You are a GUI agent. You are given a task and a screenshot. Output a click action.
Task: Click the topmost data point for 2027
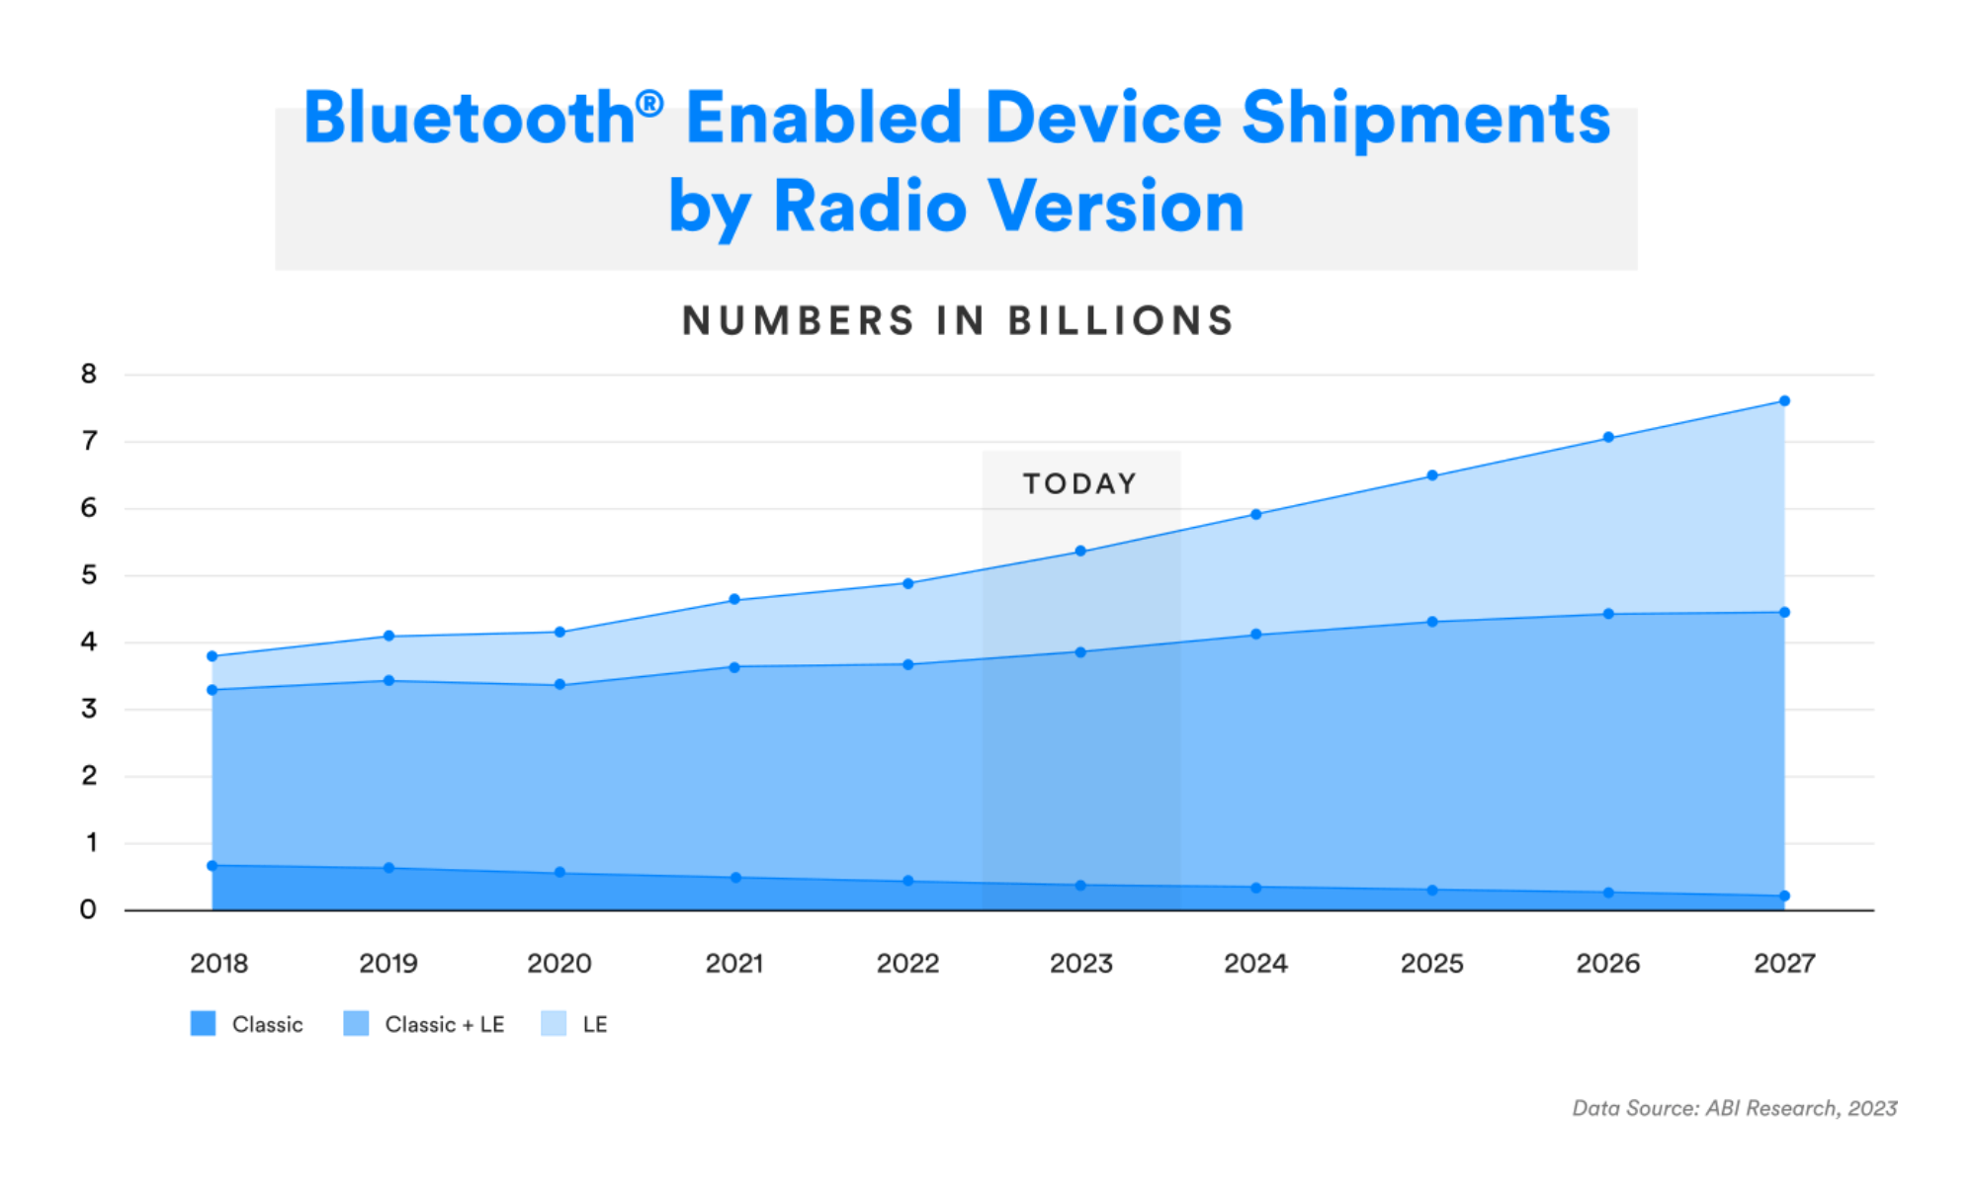[x=1784, y=401]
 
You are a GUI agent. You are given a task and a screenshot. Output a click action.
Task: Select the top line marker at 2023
[x=1080, y=552]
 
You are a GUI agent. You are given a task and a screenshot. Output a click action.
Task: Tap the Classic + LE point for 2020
[x=559, y=684]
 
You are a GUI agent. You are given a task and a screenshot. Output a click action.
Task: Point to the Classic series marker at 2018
[x=212, y=866]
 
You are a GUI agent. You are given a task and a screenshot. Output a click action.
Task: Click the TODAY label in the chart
[x=1079, y=483]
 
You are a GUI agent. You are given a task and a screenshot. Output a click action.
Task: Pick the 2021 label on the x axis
[x=733, y=964]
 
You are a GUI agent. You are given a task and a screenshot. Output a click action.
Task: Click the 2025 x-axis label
[x=1431, y=964]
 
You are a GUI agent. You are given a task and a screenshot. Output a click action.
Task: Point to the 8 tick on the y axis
[x=89, y=374]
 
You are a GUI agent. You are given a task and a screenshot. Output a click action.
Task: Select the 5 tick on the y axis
[x=89, y=575]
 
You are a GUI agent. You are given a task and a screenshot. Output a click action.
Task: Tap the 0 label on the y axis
[x=88, y=909]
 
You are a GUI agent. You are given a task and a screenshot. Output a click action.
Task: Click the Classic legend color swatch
[x=203, y=1024]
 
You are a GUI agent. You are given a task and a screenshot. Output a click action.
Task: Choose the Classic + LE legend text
[x=444, y=1025]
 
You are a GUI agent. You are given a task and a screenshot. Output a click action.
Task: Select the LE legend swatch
[x=554, y=1024]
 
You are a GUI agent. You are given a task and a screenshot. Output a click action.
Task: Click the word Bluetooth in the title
[x=471, y=119]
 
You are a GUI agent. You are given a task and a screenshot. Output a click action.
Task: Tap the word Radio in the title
[x=870, y=207]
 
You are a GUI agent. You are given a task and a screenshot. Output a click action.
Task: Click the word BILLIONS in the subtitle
[x=1121, y=321]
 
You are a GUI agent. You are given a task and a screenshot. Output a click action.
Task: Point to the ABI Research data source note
[x=1734, y=1108]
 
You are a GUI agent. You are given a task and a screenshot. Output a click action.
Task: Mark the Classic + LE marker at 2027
[x=1784, y=613]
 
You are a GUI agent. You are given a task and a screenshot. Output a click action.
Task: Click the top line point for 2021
[x=734, y=599]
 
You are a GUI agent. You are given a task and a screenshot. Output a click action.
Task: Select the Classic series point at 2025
[x=1432, y=891]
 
